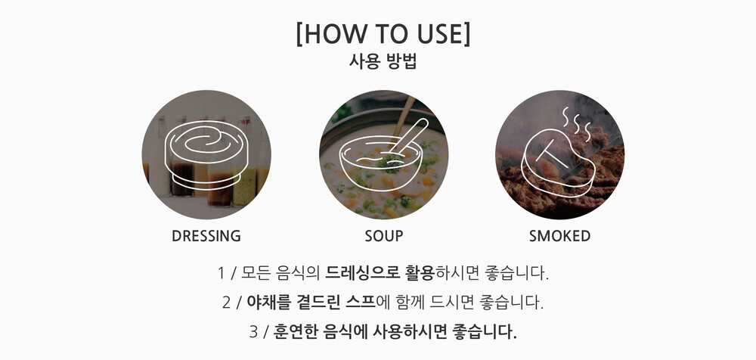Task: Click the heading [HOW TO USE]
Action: (x=383, y=34)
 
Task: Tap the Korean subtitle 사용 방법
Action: (x=383, y=62)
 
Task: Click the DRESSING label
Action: (x=206, y=236)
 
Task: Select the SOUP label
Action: (x=384, y=236)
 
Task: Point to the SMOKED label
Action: (x=559, y=236)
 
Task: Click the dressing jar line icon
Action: (x=206, y=152)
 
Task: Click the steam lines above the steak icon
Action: (x=576, y=123)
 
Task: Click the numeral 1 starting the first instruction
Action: (x=222, y=274)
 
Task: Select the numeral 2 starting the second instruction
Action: (x=227, y=303)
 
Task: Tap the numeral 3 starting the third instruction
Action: (x=253, y=332)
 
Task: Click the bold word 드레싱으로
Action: (x=363, y=273)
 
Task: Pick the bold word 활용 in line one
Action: (x=420, y=273)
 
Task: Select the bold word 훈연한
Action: (x=296, y=331)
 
